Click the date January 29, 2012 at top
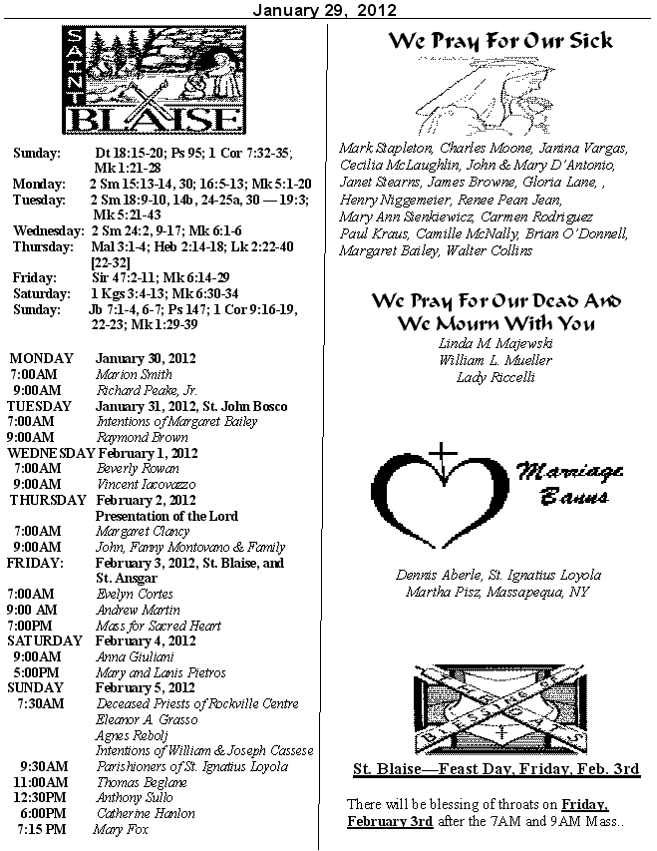(325, 10)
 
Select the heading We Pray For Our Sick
(499, 41)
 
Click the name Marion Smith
(134, 374)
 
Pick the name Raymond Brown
(142, 437)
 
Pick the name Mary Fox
(122, 829)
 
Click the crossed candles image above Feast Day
(496, 708)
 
